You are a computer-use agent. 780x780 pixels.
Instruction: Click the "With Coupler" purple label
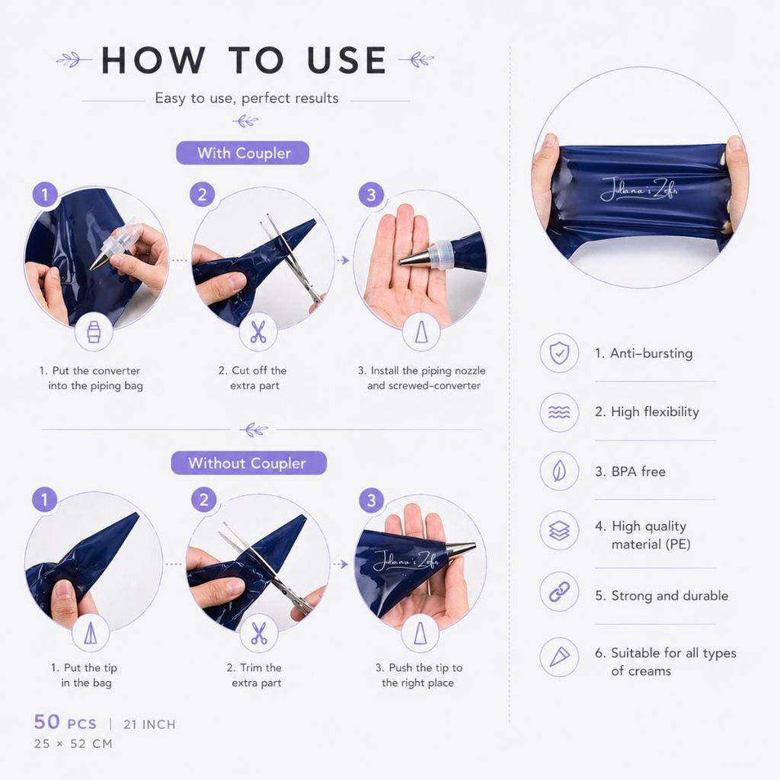[x=243, y=152]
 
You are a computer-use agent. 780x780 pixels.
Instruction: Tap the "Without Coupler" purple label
[x=249, y=463]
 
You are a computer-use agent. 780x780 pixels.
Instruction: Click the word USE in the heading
[x=347, y=60]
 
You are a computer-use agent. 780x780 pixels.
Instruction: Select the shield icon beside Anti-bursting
[x=559, y=353]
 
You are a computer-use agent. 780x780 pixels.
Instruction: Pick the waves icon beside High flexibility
[x=559, y=412]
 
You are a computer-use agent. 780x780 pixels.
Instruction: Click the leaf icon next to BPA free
[x=559, y=471]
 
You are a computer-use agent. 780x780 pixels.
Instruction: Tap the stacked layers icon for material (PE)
[x=559, y=531]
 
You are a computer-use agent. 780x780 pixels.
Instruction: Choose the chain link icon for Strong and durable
[x=559, y=592]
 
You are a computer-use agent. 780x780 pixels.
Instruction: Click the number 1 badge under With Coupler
[x=45, y=194]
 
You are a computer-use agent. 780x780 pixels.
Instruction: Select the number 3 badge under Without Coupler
[x=371, y=500]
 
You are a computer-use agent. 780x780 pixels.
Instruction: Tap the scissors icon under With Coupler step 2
[x=258, y=332]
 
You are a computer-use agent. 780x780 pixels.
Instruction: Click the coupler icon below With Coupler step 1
[x=94, y=332]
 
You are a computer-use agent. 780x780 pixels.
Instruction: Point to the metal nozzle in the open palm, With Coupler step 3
[x=417, y=257]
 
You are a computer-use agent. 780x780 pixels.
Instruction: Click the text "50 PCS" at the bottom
[x=66, y=722]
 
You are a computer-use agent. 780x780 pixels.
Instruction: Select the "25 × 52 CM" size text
[x=73, y=744]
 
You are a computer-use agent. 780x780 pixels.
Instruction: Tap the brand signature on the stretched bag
[x=639, y=190]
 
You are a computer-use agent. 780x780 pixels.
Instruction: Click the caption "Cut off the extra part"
[x=253, y=378]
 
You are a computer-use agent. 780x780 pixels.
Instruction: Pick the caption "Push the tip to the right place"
[x=418, y=675]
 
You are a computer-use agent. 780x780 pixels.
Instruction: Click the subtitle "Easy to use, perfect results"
[x=246, y=98]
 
